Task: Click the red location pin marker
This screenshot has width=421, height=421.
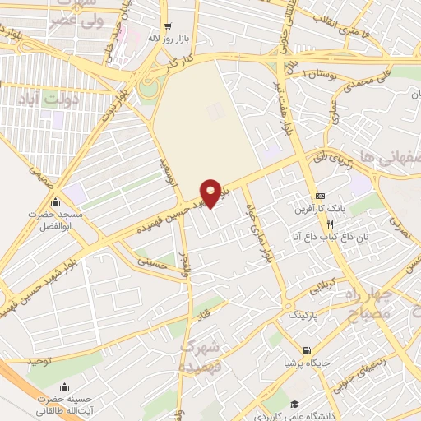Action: [213, 192]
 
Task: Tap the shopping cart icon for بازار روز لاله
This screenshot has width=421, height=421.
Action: [168, 25]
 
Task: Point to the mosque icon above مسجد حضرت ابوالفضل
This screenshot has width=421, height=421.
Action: [55, 202]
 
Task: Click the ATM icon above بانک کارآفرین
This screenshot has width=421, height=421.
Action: [320, 196]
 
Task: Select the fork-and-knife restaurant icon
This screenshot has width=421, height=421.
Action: [330, 224]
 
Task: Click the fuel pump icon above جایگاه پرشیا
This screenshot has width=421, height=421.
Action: [307, 350]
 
